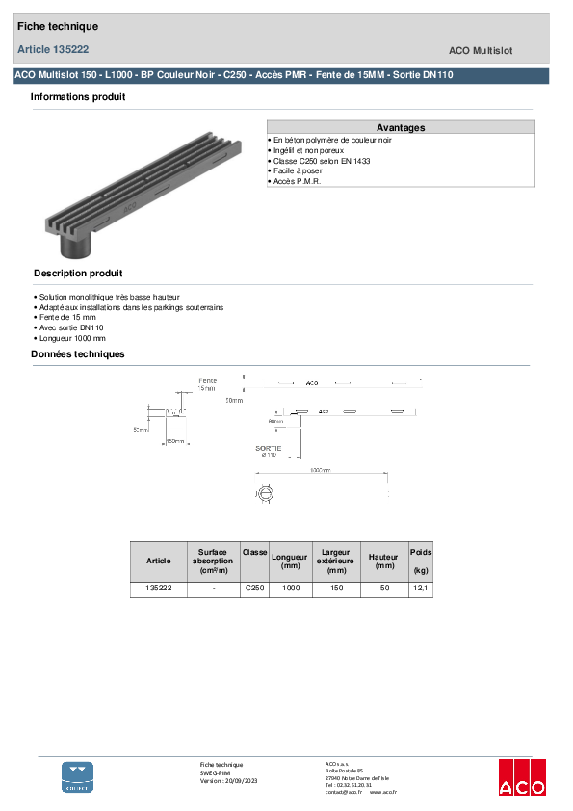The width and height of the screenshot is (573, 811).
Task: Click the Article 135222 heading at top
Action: [x=54, y=49]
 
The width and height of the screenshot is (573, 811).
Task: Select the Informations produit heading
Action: [x=78, y=97]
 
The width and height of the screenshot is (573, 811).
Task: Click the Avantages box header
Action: [x=400, y=127]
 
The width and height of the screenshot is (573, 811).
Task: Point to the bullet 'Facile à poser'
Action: [x=298, y=170]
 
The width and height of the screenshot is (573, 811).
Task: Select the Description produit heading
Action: [x=78, y=274]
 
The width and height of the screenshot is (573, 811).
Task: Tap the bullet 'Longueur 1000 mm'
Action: [x=70, y=338]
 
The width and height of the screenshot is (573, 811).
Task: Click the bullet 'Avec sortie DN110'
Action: [x=70, y=327]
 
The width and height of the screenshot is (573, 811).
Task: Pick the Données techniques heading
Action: [x=78, y=354]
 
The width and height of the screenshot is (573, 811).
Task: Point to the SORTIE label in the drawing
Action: [x=269, y=448]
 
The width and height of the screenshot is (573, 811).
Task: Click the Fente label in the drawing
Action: [x=207, y=380]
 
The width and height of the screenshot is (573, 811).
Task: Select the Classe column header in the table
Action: [x=254, y=552]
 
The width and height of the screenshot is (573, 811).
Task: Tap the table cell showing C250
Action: [x=254, y=588]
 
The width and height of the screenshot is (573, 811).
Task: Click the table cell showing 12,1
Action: [x=420, y=588]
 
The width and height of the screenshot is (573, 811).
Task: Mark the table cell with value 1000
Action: [x=291, y=588]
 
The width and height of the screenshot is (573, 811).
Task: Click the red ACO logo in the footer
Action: [x=522, y=778]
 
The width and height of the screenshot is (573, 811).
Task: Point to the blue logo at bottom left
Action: [x=78, y=776]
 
